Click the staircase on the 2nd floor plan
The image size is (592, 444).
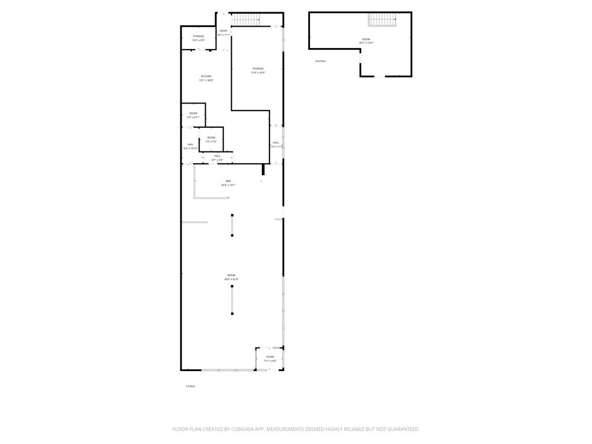382,20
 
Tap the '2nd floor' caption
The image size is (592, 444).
320,61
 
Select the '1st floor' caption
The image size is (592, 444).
190,386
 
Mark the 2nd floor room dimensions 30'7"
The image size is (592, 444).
366,43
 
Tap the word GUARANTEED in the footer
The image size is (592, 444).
398,429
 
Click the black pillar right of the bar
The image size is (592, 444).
263,169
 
